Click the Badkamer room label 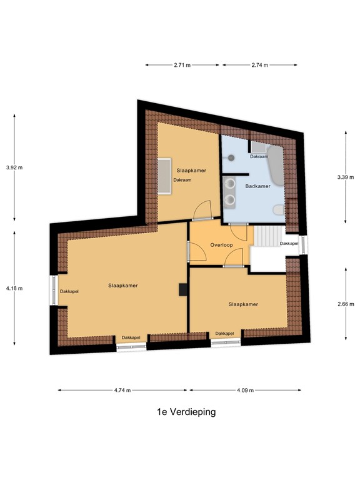[257, 186]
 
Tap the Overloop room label [222, 245]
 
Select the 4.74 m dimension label [122, 390]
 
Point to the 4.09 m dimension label [245, 390]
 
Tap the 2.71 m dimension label [183, 64]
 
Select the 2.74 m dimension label [259, 64]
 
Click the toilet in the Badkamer [278, 211]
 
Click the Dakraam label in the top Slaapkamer [182, 180]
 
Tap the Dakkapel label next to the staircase [289, 243]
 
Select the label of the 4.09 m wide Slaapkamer [243, 304]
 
